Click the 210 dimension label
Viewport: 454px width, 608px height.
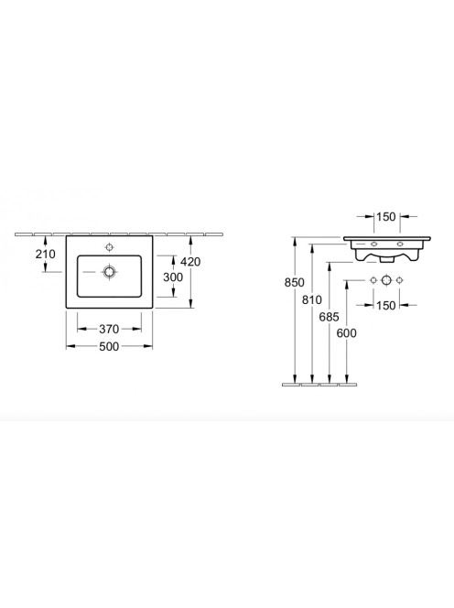point(46,254)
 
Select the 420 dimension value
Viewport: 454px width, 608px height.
point(190,262)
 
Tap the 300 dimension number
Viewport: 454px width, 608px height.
point(173,277)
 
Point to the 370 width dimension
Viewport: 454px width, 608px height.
point(109,329)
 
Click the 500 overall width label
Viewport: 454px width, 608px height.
point(109,346)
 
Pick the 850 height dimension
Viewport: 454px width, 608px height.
point(294,282)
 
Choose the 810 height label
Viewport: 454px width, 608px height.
point(312,299)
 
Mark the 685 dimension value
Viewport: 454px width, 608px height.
point(329,317)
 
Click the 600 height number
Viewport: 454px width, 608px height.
point(346,332)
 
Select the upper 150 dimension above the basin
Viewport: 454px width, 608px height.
point(385,216)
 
